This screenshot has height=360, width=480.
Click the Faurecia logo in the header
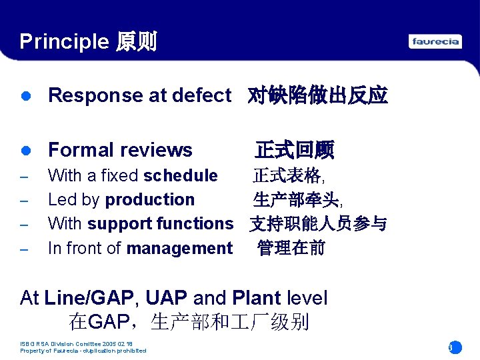click(x=435, y=41)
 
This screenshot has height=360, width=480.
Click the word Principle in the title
click(x=63, y=41)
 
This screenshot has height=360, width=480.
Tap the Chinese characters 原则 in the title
click(x=136, y=41)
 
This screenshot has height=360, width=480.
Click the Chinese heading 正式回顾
click(x=294, y=150)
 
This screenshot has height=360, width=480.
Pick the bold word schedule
click(x=181, y=176)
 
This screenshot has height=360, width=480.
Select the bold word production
click(x=150, y=200)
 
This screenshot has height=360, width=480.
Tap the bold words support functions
click(x=160, y=224)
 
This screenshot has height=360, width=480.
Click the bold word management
click(x=179, y=249)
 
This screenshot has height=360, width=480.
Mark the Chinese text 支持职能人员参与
click(x=318, y=224)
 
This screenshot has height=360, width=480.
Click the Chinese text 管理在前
click(x=291, y=249)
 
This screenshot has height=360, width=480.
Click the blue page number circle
click(x=454, y=347)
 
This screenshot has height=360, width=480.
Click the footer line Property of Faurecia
click(x=83, y=351)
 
